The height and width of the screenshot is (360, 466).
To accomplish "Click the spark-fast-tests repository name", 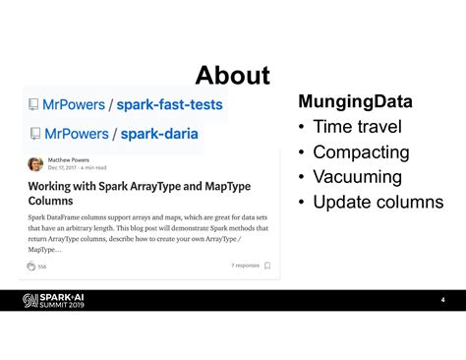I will coord(170,104).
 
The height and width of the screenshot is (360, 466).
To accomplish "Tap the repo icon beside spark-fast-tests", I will coord(34,104).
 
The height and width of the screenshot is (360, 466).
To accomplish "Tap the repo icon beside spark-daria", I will coord(34,133).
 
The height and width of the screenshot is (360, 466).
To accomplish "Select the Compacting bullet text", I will coord(361,152).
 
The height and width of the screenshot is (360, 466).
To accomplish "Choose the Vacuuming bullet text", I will coord(358,177).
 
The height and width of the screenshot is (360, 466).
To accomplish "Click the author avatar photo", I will coord(35,164).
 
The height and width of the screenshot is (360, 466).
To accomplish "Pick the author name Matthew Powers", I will coord(70,159).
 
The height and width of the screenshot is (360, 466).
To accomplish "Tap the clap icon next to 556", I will coord(31,266).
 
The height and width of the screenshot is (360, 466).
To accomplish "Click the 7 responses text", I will coord(245,266).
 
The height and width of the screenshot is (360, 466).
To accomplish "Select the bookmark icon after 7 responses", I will coord(267,266).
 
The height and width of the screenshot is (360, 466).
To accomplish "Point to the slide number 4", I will coord(442,300).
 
